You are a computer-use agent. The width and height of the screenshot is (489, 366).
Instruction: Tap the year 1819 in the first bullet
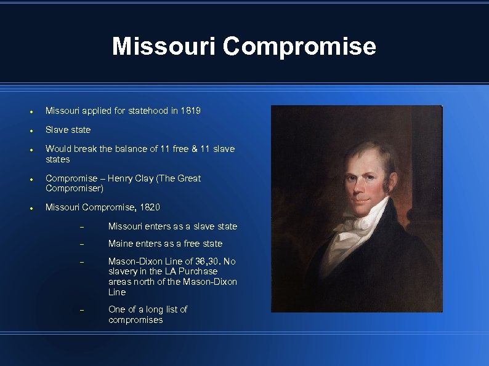190,111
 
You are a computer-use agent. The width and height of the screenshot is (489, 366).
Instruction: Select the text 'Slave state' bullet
68,130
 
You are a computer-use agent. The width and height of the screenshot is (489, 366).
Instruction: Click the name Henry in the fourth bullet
119,178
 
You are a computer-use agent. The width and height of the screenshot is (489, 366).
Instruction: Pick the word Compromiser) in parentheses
75,188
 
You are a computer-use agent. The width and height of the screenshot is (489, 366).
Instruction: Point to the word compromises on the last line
135,320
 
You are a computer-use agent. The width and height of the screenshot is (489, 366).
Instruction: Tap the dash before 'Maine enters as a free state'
81,244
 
